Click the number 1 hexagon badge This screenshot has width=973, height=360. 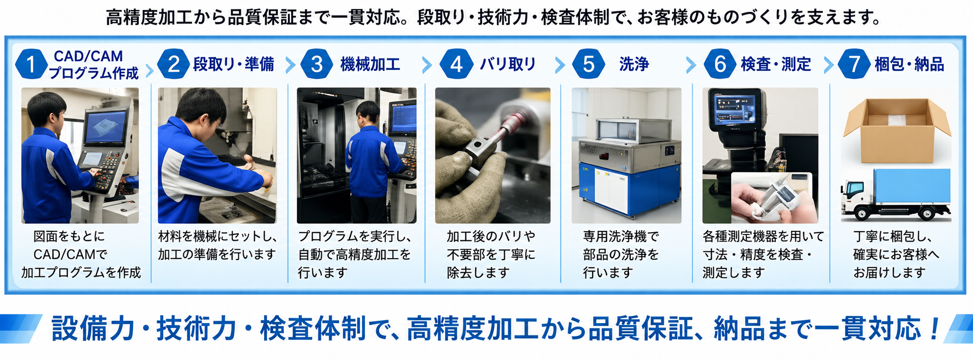[x=31, y=64]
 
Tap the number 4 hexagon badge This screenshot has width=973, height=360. [x=456, y=64]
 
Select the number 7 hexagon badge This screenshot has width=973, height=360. [x=854, y=64]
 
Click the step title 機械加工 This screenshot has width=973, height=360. [x=370, y=64]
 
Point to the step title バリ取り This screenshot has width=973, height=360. [x=508, y=64]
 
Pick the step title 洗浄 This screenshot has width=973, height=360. [x=634, y=64]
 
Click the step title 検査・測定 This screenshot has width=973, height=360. [x=776, y=64]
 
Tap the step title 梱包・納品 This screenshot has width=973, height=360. [x=909, y=64]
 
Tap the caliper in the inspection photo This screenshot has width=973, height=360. [x=774, y=198]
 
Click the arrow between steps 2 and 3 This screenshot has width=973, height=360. [x=290, y=65]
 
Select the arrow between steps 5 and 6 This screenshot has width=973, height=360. [x=691, y=65]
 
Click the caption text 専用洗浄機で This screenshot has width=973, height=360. [x=621, y=236]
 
